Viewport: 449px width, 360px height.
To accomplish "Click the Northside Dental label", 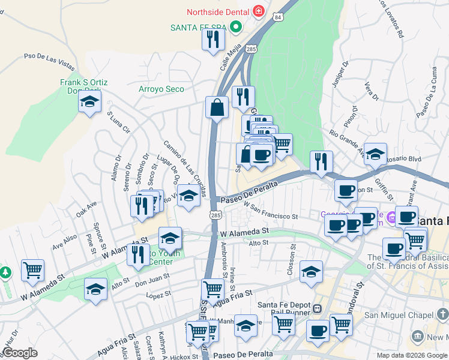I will (218, 11).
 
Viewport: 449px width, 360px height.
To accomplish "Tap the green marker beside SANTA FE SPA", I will (236, 27).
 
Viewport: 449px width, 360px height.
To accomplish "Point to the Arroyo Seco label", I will (161, 89).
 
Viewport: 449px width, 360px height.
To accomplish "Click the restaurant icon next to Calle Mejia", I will (213, 40).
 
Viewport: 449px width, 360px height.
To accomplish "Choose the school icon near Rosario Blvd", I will (375, 154).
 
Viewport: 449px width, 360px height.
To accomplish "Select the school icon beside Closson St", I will (311, 272).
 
